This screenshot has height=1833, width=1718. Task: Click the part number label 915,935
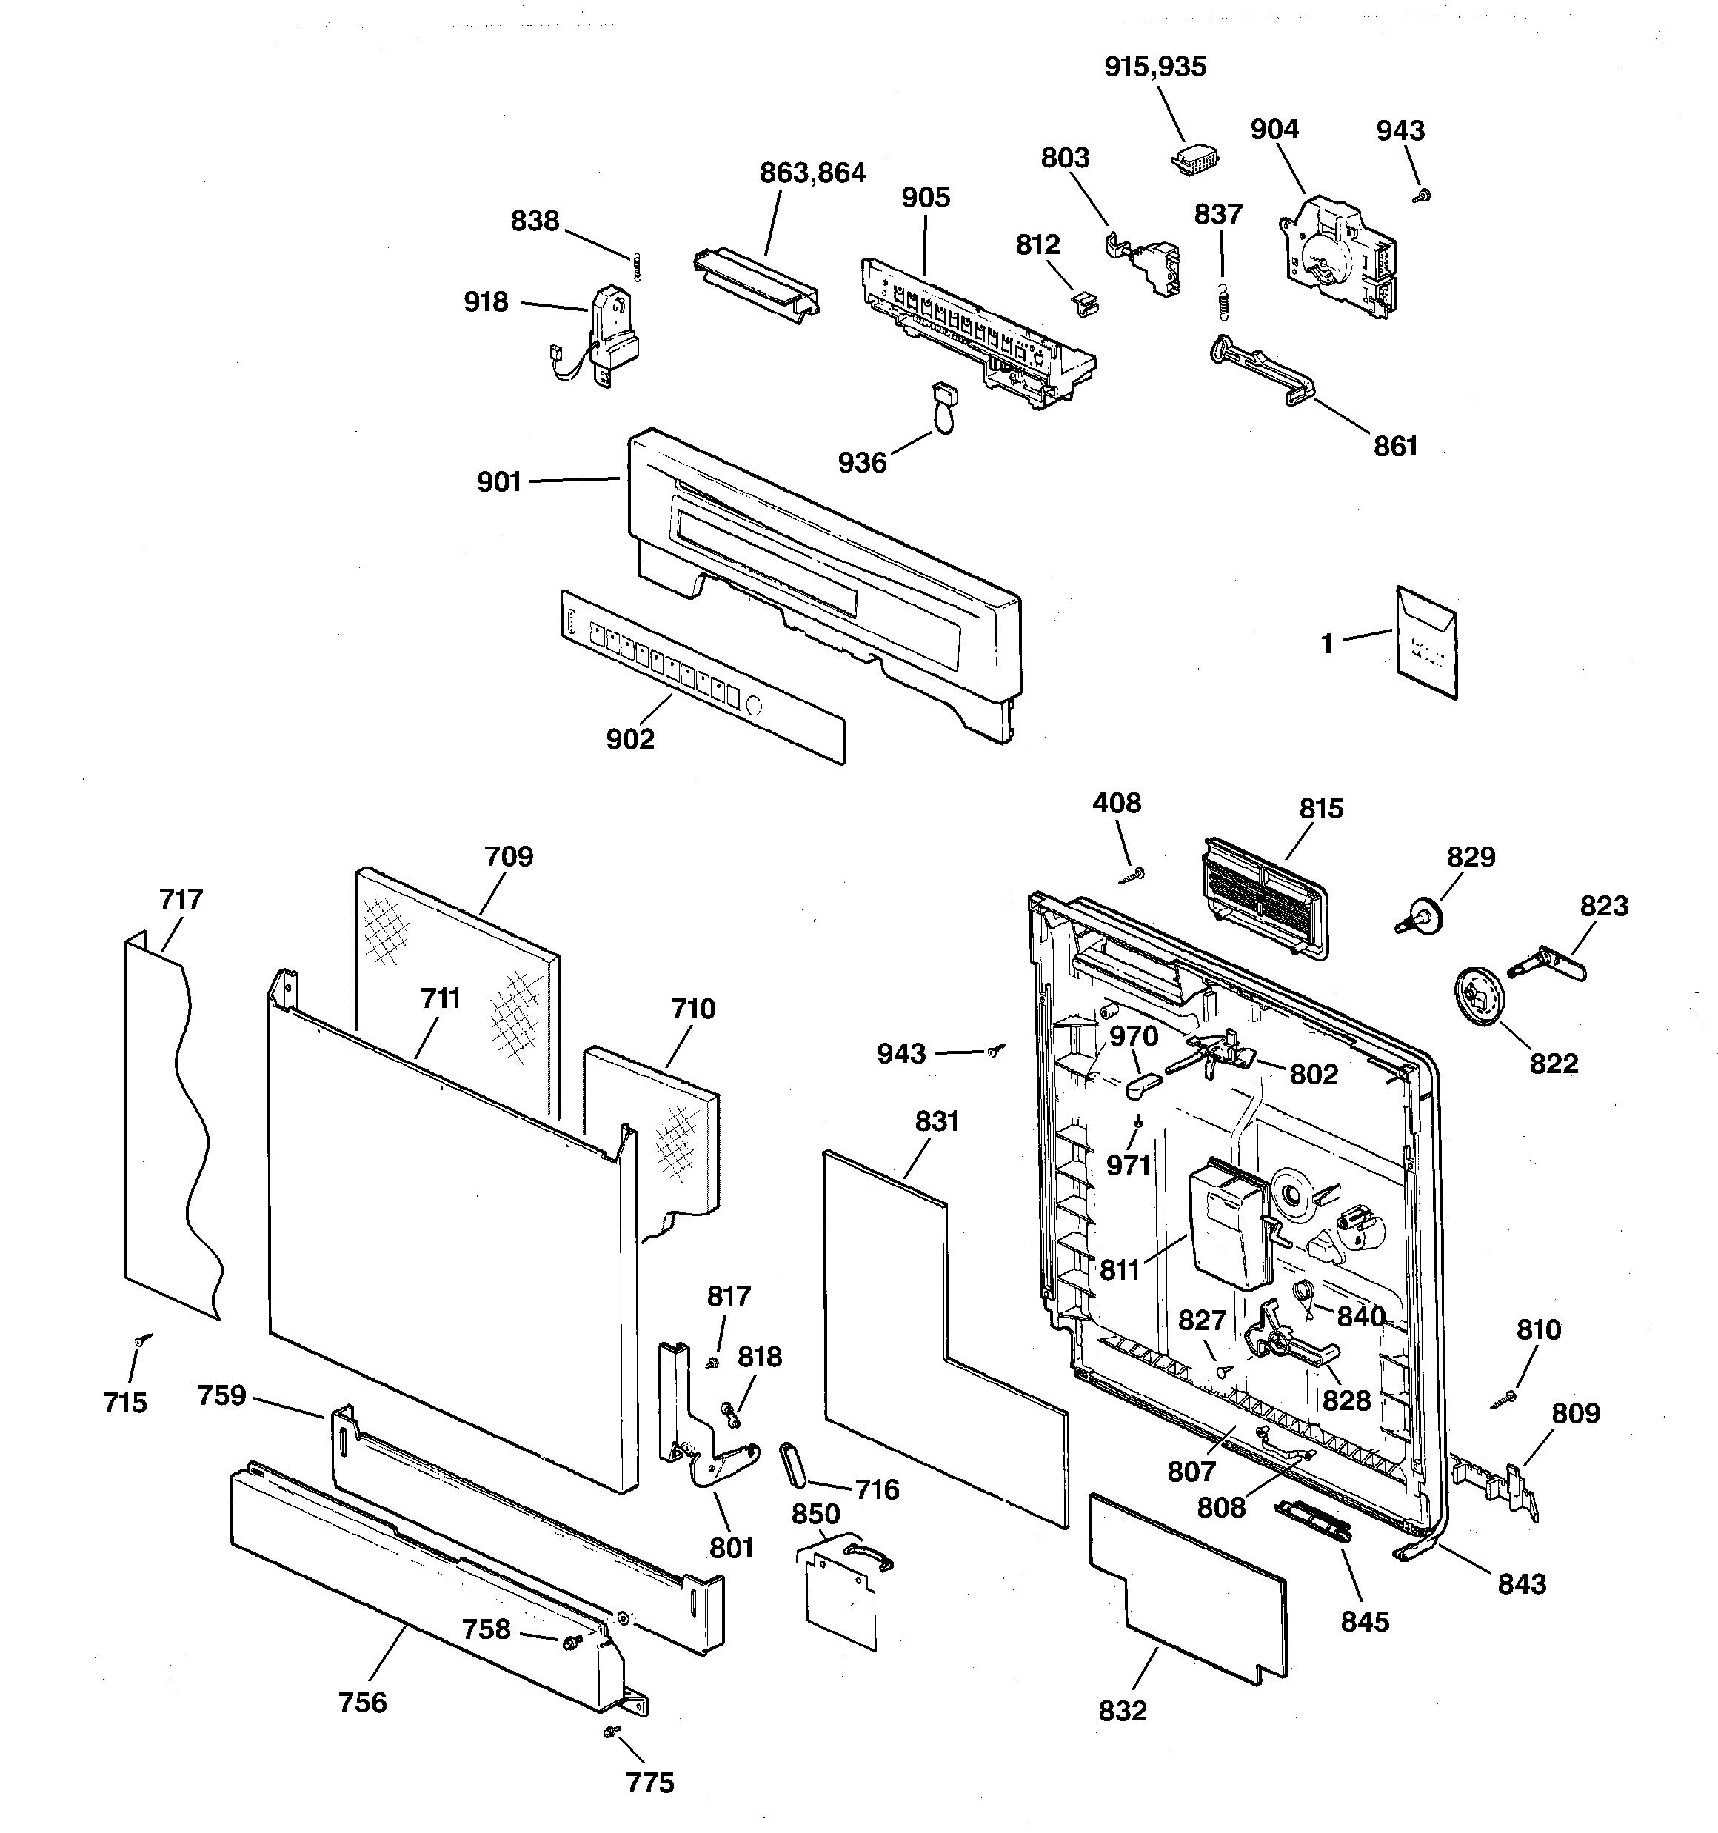click(1154, 67)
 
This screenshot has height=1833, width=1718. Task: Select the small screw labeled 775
click(609, 1732)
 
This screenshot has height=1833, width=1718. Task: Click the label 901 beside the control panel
click(499, 482)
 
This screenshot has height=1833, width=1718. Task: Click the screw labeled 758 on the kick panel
click(571, 1637)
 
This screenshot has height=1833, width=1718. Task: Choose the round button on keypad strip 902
click(752, 707)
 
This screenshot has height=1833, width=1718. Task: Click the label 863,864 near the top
click(812, 173)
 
